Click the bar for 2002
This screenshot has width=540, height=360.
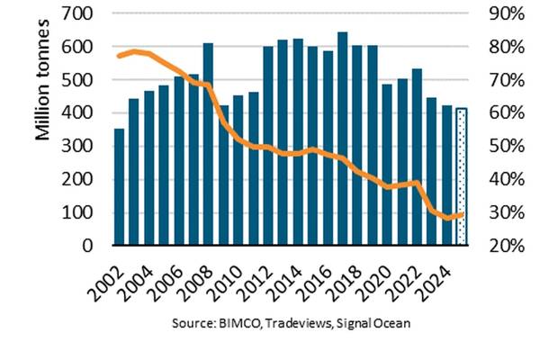[x=119, y=187]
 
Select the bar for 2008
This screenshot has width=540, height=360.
[x=208, y=144]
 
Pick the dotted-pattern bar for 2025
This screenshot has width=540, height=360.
[x=462, y=176]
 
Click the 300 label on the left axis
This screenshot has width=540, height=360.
[x=84, y=147]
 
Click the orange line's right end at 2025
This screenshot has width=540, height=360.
[x=463, y=213]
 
